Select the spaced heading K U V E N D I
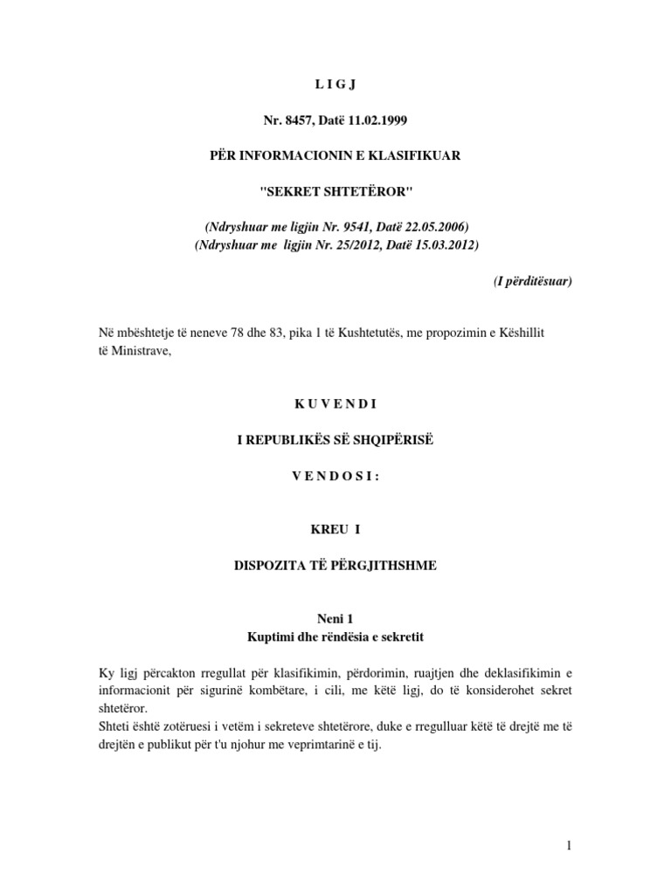click(x=335, y=403)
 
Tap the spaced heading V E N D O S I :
click(x=335, y=477)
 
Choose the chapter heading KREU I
click(x=335, y=529)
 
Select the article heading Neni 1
click(x=335, y=618)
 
